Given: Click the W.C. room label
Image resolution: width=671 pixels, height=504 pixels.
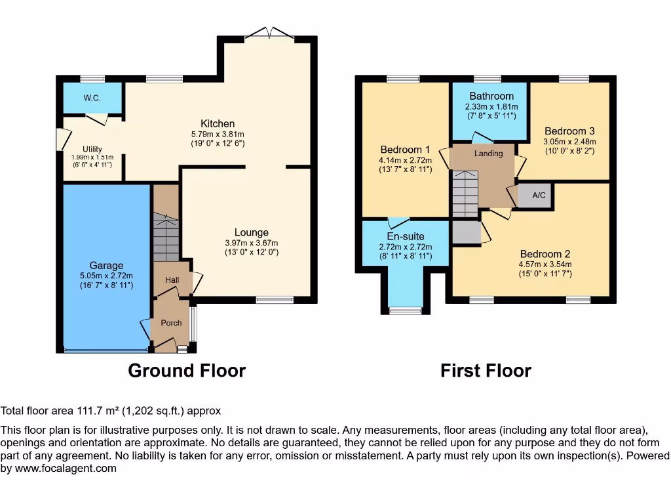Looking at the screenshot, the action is (92, 98).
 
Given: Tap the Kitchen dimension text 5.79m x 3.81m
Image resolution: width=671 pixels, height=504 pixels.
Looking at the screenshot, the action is (218, 134).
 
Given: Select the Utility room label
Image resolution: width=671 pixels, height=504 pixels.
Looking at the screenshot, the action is (92, 149).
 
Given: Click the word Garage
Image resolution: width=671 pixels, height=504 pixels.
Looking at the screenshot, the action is (106, 266).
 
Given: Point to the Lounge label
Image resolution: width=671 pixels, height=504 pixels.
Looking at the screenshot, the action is (252, 232).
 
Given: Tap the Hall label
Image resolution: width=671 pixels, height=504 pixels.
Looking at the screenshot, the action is (172, 280).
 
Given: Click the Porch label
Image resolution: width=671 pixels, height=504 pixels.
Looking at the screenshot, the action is (171, 323).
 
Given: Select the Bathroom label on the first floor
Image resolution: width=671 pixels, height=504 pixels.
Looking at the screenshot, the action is (491, 96).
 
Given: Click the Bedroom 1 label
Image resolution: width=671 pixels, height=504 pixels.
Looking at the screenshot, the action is (405, 150).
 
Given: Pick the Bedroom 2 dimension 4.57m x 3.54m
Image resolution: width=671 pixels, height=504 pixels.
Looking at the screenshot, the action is (545, 264).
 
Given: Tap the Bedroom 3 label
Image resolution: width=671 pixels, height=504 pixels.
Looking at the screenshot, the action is (569, 131).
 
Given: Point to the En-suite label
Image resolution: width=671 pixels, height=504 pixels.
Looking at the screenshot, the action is (406, 236).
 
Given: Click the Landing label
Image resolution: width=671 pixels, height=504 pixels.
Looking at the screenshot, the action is (488, 154).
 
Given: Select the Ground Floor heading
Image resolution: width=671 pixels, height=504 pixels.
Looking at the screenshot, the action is (187, 371).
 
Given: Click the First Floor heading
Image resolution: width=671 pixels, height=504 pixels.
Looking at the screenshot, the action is (486, 371).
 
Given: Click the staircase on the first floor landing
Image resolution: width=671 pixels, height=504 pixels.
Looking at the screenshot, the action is (465, 194).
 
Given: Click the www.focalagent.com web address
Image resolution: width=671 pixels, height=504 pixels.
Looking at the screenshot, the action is (66, 469).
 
